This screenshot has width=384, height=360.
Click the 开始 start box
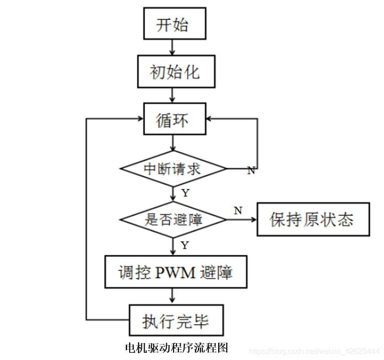[174, 24]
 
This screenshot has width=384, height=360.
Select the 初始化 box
[175, 72]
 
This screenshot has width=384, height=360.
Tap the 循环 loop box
[175, 120]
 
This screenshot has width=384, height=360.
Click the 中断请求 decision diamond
[173, 169]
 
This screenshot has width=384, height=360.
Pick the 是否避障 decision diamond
[173, 220]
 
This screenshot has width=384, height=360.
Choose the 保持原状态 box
[313, 220]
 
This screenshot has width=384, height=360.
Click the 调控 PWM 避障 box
[176, 273]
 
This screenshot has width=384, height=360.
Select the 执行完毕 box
[176, 321]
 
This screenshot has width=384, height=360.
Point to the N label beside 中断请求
[251, 171]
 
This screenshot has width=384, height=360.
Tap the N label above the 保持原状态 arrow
[238, 210]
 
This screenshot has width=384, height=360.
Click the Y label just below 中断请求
[185, 193]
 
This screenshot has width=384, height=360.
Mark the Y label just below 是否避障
[185, 246]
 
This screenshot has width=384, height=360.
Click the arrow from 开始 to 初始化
[173, 47]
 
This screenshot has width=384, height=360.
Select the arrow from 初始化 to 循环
[173, 95]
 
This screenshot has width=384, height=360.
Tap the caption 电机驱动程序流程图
[176, 347]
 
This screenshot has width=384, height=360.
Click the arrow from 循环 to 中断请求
[173, 144]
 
